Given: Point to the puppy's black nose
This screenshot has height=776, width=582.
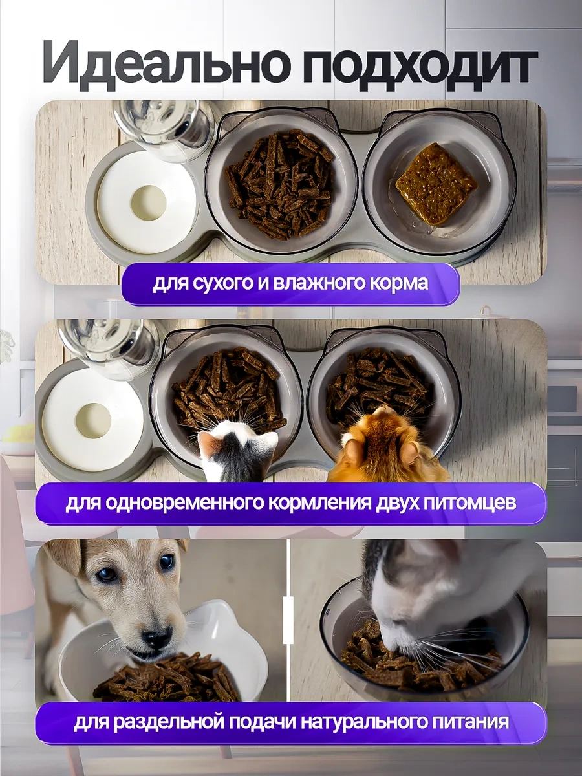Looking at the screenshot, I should (158, 638).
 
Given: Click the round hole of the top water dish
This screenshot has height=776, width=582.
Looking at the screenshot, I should (148, 202).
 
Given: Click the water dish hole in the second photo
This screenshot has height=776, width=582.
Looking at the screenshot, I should (93, 421).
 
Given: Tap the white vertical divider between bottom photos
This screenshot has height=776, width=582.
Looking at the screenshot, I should (288, 611).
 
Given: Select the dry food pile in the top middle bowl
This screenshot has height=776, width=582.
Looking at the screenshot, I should (280, 184).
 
